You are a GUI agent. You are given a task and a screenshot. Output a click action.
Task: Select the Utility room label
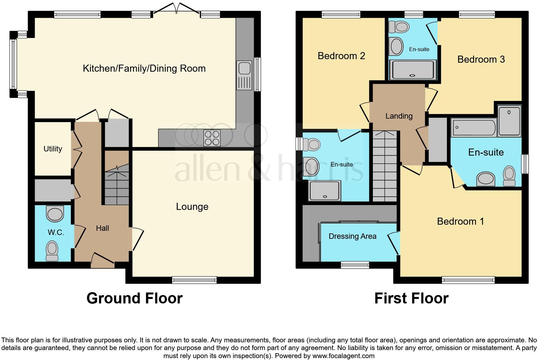pyautogui.click(x=53, y=149)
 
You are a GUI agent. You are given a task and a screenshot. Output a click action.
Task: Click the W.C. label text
pyautogui.click(x=56, y=232)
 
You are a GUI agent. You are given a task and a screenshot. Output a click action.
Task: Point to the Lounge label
pyautogui.click(x=192, y=207)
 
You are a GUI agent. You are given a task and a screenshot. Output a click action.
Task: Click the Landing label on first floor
pyautogui.click(x=399, y=116)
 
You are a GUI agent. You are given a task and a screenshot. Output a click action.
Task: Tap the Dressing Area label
pyautogui.click(x=352, y=236)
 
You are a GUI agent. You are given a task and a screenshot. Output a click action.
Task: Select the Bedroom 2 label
pyautogui.click(x=341, y=56)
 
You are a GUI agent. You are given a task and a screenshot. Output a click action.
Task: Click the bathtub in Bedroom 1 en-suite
pyautogui.click(x=473, y=128)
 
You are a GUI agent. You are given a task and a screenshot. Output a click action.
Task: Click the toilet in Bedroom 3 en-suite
pyautogui.click(x=399, y=27)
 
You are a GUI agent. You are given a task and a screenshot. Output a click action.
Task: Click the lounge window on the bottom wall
pyautogui.click(x=194, y=280)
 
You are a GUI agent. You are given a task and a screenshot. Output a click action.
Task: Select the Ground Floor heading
pyautogui.click(x=135, y=298)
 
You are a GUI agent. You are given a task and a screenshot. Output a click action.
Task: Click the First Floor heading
pyautogui.click(x=411, y=298)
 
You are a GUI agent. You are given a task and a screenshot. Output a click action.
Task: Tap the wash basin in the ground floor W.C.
pyautogui.click(x=55, y=214)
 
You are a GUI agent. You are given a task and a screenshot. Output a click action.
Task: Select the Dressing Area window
pyautogui.click(x=355, y=265)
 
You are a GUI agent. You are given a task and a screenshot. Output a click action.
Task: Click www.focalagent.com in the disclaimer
pyautogui.click(x=343, y=356)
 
